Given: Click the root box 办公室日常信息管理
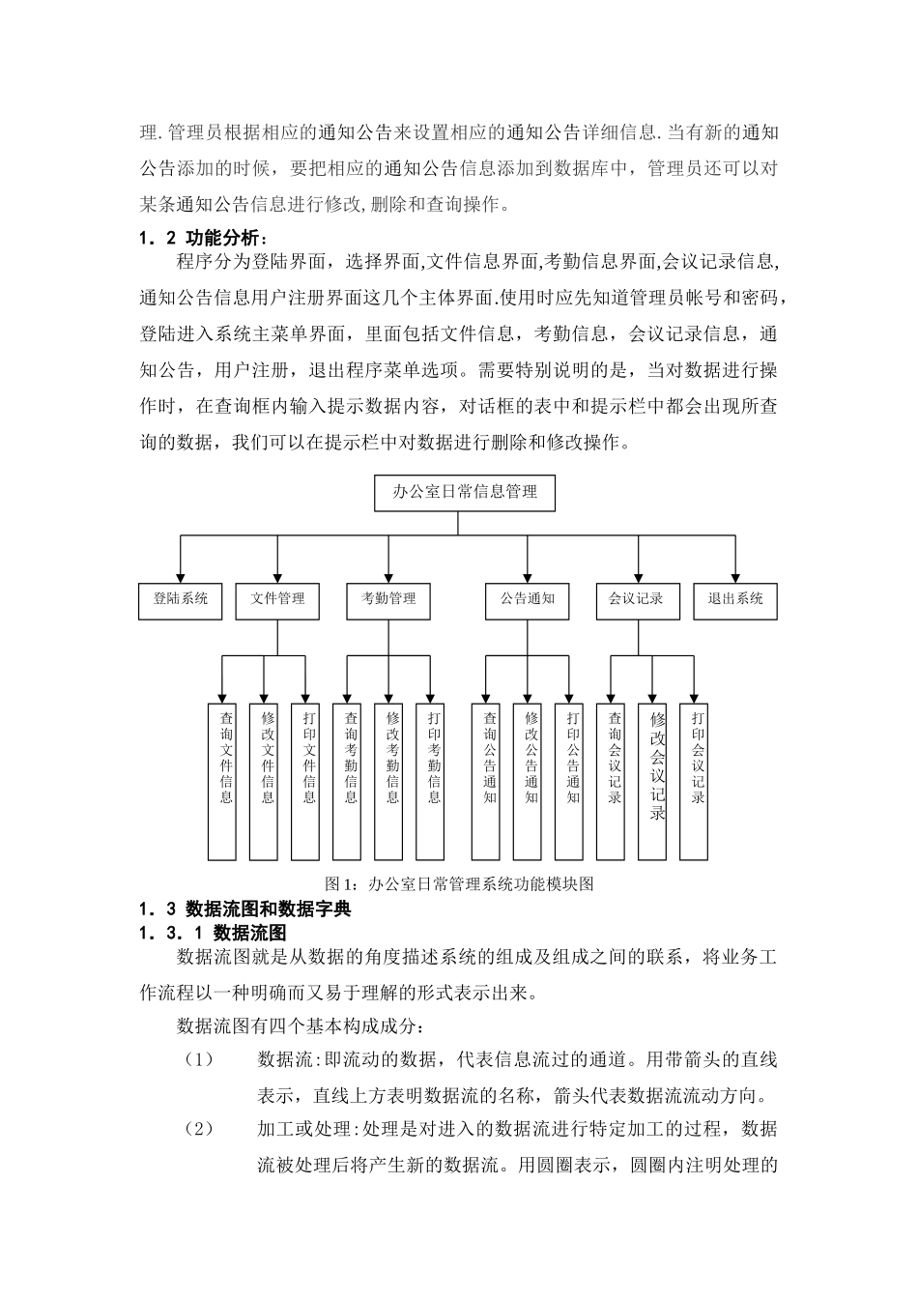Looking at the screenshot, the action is (x=464, y=492).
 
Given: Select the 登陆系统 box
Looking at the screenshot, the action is (x=181, y=599).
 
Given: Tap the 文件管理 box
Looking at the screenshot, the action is (x=277, y=599).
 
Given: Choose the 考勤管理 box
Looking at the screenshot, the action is (x=388, y=599).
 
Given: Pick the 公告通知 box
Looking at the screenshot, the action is (x=527, y=599).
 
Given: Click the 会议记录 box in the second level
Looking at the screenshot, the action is (x=637, y=599).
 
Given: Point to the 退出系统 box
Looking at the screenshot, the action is (x=735, y=599).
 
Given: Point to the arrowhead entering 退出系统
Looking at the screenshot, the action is (x=735, y=577).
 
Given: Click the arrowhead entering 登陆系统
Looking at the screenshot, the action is (x=181, y=577).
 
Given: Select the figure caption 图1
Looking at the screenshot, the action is (x=458, y=883).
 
